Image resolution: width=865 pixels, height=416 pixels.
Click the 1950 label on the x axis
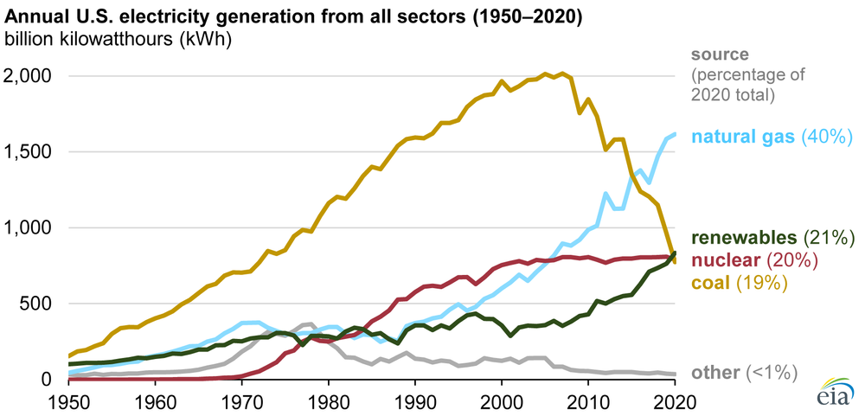tap(69, 400)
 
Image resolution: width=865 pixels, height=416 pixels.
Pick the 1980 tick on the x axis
tap(329, 400)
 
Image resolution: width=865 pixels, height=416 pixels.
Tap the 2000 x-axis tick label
tap(502, 400)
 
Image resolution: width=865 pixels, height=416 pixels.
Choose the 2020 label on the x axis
tap(675, 400)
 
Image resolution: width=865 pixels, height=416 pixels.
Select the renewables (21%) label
tap(772, 237)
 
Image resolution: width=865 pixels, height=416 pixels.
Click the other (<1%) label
tap(744, 373)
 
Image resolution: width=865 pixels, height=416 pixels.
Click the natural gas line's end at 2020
tap(675, 134)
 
